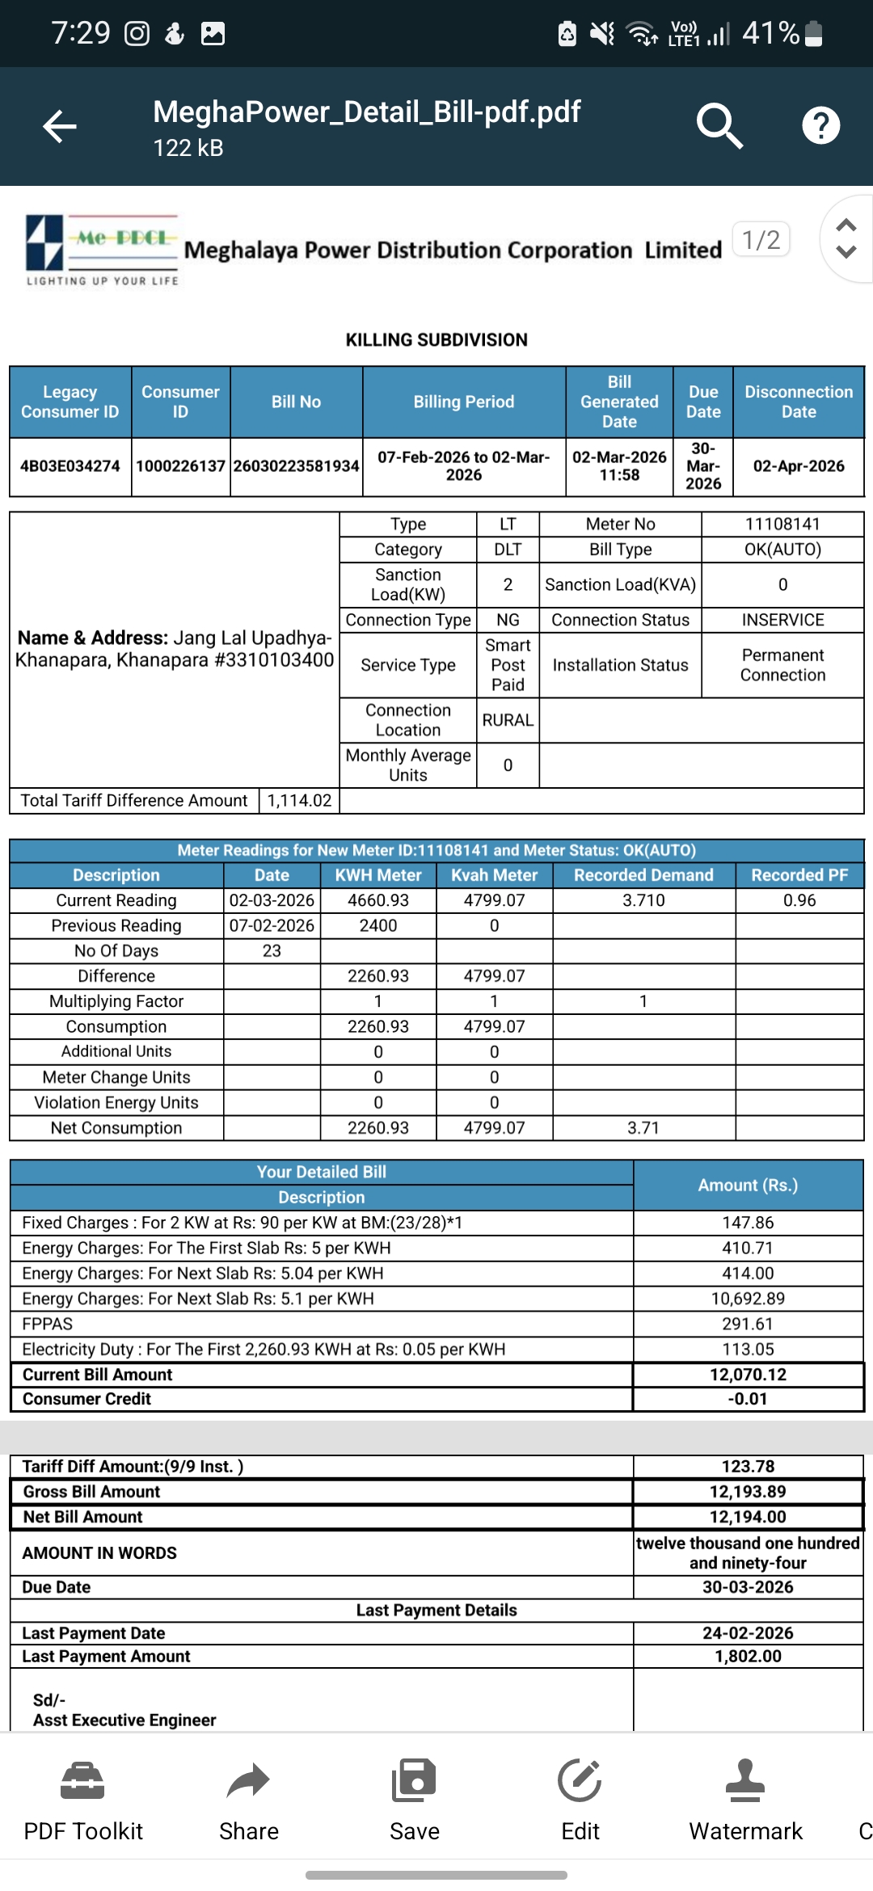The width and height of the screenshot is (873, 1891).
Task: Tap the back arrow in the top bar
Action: click(60, 126)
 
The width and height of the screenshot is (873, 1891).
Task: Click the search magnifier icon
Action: click(719, 126)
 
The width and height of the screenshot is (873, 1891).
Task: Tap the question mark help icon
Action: click(820, 126)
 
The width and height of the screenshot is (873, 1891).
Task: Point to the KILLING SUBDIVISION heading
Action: click(436, 340)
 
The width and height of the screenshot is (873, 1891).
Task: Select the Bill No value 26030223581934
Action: click(296, 466)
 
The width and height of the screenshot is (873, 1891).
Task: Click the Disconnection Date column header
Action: click(798, 402)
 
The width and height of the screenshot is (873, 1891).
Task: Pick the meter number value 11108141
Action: click(782, 524)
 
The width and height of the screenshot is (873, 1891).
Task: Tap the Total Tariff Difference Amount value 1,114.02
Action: click(299, 800)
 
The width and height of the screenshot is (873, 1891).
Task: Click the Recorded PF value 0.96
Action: click(799, 900)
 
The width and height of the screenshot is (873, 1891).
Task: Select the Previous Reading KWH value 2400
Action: click(377, 925)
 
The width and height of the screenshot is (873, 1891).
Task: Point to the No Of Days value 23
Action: click(272, 951)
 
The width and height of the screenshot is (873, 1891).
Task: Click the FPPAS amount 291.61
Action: click(748, 1324)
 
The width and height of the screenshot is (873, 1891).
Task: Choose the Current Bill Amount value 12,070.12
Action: click(748, 1375)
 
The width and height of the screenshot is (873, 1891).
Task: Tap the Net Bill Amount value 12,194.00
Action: click(748, 1517)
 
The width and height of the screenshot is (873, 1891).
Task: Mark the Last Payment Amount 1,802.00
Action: click(748, 1656)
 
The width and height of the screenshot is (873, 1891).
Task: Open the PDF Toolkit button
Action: click(82, 1798)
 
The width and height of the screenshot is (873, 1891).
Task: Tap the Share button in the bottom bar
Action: click(248, 1798)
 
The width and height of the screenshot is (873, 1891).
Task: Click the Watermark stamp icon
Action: click(745, 1781)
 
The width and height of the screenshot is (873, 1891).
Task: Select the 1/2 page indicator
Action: click(761, 240)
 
